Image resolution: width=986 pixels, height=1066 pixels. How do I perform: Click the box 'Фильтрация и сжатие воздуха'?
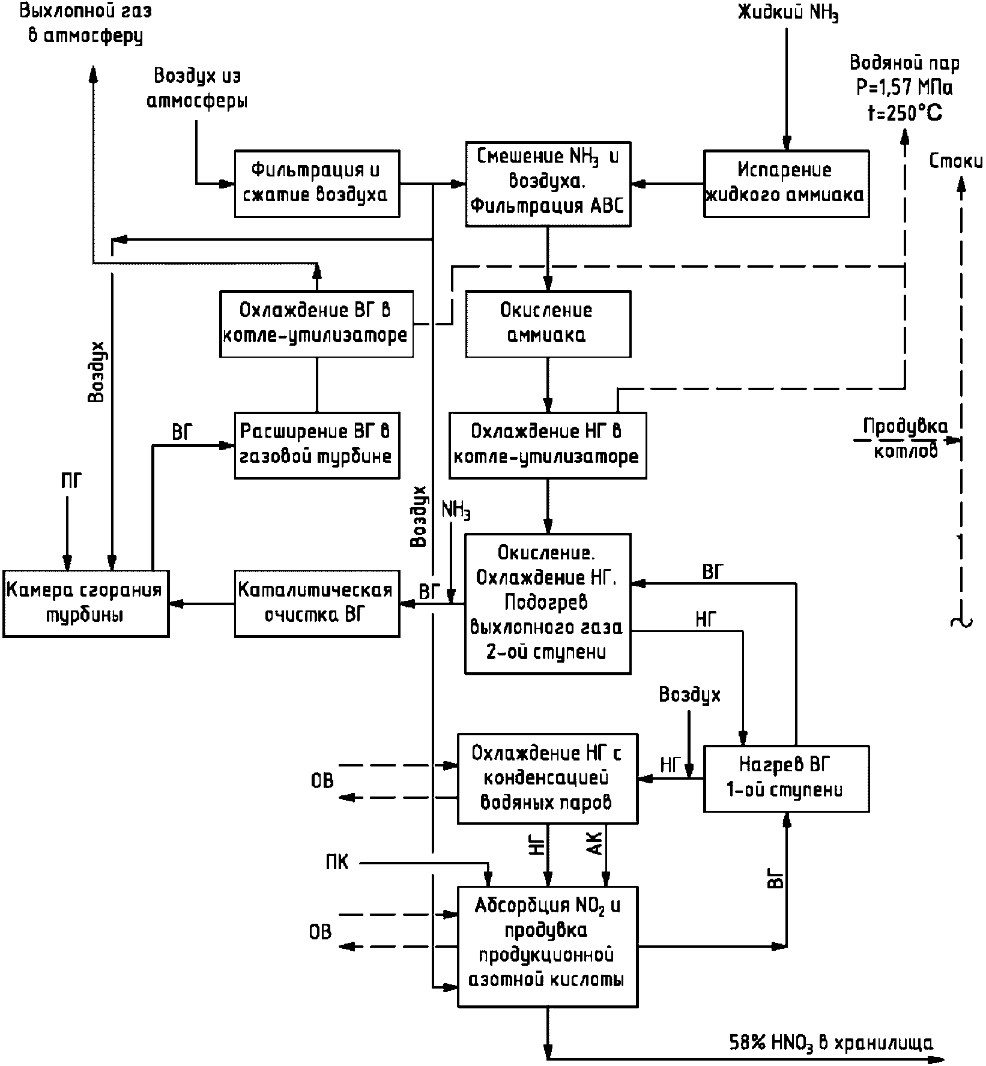click(x=317, y=183)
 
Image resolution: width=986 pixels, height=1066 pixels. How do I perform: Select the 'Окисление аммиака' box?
click(x=548, y=324)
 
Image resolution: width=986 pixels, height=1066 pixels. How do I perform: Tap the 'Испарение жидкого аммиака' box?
click(x=787, y=183)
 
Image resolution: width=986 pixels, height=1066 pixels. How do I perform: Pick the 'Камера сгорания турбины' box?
click(x=85, y=603)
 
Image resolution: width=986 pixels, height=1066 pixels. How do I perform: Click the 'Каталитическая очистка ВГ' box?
click(x=317, y=603)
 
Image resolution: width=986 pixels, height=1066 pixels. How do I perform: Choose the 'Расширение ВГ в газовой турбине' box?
click(x=317, y=445)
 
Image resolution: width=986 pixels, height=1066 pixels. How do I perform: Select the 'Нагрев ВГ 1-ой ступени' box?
click(x=787, y=778)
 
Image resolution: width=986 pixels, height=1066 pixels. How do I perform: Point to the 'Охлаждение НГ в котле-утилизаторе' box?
click(x=548, y=445)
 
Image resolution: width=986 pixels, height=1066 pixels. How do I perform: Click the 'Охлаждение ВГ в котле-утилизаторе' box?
click(x=317, y=324)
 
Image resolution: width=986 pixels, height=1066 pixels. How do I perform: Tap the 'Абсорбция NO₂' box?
click(x=548, y=947)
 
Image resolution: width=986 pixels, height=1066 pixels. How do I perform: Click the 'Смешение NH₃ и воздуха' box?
click(x=548, y=183)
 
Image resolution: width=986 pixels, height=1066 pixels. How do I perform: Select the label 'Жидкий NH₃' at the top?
click(x=788, y=13)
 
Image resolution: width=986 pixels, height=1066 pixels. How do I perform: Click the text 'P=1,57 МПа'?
click(x=904, y=88)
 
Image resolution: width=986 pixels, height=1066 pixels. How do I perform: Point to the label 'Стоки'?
click(x=956, y=161)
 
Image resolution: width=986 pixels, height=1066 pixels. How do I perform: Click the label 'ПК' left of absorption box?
click(x=337, y=863)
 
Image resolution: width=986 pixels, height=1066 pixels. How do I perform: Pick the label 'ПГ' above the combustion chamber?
click(x=70, y=480)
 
